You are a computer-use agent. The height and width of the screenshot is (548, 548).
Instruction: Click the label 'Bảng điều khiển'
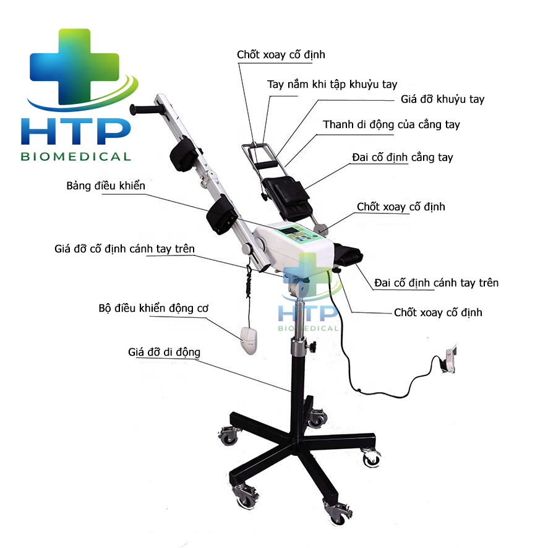pyautogui.click(x=106, y=186)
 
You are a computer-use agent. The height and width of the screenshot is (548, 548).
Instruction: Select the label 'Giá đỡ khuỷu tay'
pyautogui.click(x=442, y=99)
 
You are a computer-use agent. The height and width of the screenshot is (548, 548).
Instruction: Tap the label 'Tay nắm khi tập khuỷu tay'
pyautogui.click(x=332, y=84)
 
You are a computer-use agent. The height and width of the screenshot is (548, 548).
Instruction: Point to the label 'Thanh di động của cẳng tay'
pyautogui.click(x=391, y=124)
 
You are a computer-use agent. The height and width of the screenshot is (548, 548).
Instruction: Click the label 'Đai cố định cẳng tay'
pyautogui.click(x=402, y=157)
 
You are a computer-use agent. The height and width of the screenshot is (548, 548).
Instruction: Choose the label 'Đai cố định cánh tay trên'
pyautogui.click(x=436, y=283)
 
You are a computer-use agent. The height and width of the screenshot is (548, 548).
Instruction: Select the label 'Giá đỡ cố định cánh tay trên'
pyautogui.click(x=124, y=249)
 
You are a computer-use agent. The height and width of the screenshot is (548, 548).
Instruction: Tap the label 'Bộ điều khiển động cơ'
pyautogui.click(x=153, y=308)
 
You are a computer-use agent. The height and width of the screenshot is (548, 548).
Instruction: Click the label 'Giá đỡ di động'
pyautogui.click(x=164, y=352)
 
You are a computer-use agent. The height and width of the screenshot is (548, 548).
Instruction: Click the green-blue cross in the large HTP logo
pyautogui.click(x=74, y=66)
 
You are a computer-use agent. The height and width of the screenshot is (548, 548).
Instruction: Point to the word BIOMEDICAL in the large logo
pyautogui.click(x=76, y=156)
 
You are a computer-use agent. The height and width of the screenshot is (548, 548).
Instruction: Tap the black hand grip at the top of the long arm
pyautogui.click(x=145, y=109)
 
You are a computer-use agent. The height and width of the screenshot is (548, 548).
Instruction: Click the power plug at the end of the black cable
pyautogui.click(x=449, y=359)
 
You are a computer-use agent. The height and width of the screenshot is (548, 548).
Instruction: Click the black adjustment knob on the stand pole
pyautogui.click(x=311, y=347)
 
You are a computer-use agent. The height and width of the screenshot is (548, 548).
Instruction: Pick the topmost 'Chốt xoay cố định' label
pyautogui.click(x=281, y=54)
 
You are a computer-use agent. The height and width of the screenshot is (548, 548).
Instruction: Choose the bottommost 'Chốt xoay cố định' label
pyautogui.click(x=438, y=312)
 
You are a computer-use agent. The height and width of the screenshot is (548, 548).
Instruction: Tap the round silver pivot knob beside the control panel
pyautogui.click(x=321, y=229)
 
